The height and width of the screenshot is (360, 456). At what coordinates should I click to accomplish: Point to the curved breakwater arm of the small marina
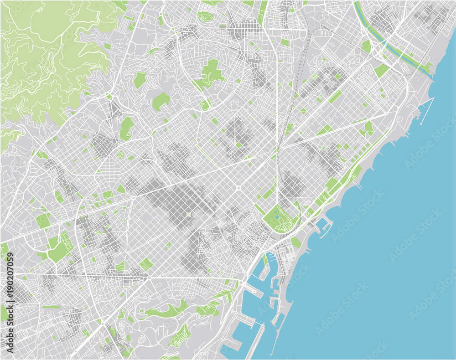[x=327, y=221]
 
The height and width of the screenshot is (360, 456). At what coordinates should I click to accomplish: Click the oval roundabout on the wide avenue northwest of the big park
[x=238, y=187]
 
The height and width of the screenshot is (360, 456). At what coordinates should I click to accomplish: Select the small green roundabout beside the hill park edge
[x=109, y=96]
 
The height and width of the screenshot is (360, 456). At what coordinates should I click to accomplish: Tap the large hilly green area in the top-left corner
[x=46, y=55]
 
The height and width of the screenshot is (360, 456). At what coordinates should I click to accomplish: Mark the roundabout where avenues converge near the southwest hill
[x=149, y=276]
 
